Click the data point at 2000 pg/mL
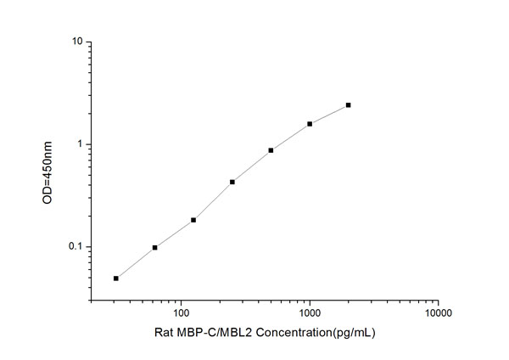click(348, 105)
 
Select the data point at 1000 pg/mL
click(310, 124)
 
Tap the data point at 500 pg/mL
click(271, 150)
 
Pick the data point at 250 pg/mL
click(232, 182)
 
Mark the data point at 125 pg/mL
click(193, 220)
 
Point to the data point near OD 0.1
click(154, 248)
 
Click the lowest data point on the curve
click(116, 278)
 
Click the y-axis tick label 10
click(77, 42)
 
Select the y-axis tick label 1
click(80, 144)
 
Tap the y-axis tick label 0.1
click(76, 247)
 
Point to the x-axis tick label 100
click(181, 312)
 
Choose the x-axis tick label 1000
click(310, 312)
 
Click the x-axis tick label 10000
click(438, 312)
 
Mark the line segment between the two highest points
click(329, 115)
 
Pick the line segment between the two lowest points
click(136, 263)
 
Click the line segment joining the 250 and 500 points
click(251, 166)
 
